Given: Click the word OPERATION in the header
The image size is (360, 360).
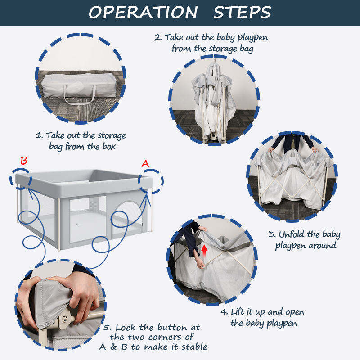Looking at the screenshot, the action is pyautogui.click(x=143, y=12).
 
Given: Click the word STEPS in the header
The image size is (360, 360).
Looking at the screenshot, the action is pyautogui.click(x=243, y=12).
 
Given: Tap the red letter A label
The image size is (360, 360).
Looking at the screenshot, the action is pyautogui.click(x=145, y=163).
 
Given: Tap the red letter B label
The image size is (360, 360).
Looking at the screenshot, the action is pyautogui.click(x=24, y=161).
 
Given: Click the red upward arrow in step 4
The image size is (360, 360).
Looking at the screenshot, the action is pyautogui.click(x=204, y=251).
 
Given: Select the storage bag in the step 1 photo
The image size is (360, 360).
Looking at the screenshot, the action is pyautogui.click(x=79, y=86).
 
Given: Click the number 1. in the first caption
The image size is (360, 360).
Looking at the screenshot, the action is pyautogui.click(x=39, y=135).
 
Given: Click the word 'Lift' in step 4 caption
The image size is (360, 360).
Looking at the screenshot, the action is pyautogui.click(x=238, y=312).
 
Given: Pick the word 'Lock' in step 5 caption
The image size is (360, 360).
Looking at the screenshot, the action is pyautogui.click(x=126, y=328).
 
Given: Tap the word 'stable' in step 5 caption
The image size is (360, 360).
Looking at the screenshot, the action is pyautogui.click(x=194, y=347).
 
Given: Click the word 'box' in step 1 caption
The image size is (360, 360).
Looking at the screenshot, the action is pyautogui.click(x=109, y=147).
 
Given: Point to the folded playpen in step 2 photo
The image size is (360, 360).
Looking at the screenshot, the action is pyautogui.click(x=213, y=101).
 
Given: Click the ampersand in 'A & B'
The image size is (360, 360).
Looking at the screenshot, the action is pyautogui.click(x=114, y=347).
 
